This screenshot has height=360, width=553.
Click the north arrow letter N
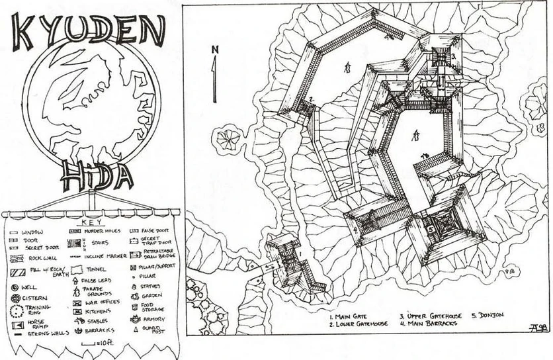coord(214,50)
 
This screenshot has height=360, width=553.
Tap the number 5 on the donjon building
coord(430,229)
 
